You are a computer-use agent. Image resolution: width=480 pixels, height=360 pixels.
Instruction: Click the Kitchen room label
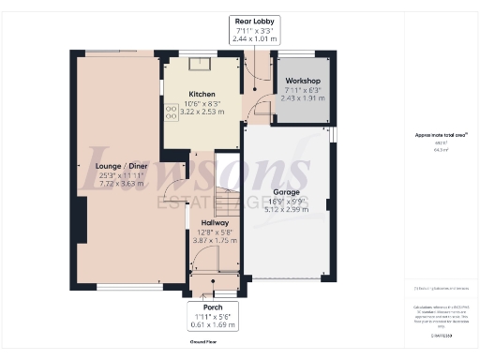pyautogui.click(x=202, y=95)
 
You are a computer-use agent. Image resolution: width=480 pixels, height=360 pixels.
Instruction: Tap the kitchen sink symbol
pyautogui.click(x=199, y=66)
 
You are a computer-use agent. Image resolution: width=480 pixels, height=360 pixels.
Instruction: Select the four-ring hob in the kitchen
pyautogui.click(x=172, y=112)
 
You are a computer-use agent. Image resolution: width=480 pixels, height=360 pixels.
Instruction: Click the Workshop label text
pyautogui.click(x=303, y=82)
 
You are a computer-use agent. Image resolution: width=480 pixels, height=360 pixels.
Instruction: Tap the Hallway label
pyautogui.click(x=214, y=223)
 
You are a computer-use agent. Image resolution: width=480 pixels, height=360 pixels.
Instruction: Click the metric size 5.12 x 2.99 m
pyautogui.click(x=287, y=210)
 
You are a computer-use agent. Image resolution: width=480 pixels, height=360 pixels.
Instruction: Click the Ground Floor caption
pyautogui.click(x=203, y=343)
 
